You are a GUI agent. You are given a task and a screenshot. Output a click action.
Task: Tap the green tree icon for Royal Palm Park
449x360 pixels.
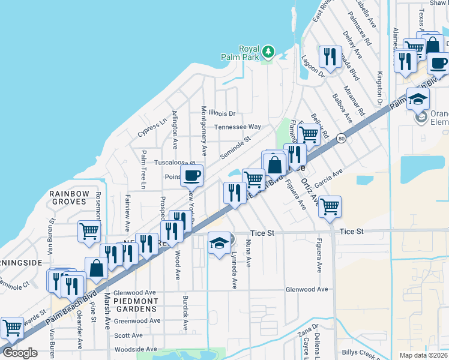coord(268,53)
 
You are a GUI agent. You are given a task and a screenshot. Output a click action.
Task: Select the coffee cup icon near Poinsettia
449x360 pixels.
coord(192,175)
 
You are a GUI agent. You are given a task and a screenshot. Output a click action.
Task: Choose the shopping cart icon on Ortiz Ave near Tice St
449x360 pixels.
coord(330,206)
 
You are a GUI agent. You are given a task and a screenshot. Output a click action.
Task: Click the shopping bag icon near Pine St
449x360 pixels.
coord(96,268)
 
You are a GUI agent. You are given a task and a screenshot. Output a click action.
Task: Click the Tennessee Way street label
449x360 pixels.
coord(239,127)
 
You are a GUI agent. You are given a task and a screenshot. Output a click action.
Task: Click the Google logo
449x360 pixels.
coord(20,353)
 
